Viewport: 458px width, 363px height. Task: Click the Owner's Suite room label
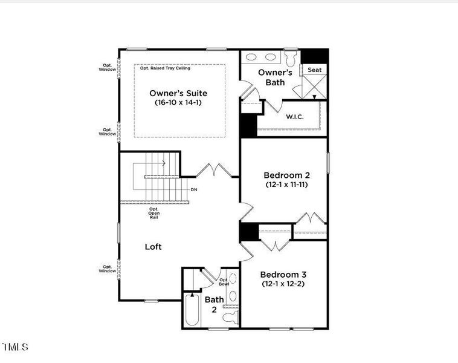(x=178, y=93)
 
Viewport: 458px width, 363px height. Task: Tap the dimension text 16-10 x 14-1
(x=178, y=103)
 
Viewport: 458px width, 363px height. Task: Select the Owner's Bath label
(x=275, y=77)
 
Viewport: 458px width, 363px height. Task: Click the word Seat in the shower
(x=315, y=70)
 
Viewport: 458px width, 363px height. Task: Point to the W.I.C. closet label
(x=294, y=116)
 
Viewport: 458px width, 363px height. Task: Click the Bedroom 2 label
(x=286, y=175)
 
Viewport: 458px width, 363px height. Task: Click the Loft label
(x=153, y=247)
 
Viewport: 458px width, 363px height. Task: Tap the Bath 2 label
(x=214, y=304)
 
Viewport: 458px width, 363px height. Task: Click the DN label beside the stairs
(x=193, y=189)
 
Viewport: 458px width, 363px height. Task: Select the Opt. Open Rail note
(x=153, y=213)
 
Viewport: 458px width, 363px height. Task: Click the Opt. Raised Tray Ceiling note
(x=165, y=68)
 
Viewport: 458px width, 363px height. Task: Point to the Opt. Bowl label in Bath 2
(x=224, y=281)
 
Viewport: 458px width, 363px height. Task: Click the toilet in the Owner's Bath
(x=291, y=59)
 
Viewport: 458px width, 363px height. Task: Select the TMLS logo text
(x=15, y=347)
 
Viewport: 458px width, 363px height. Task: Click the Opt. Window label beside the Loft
(x=108, y=269)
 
